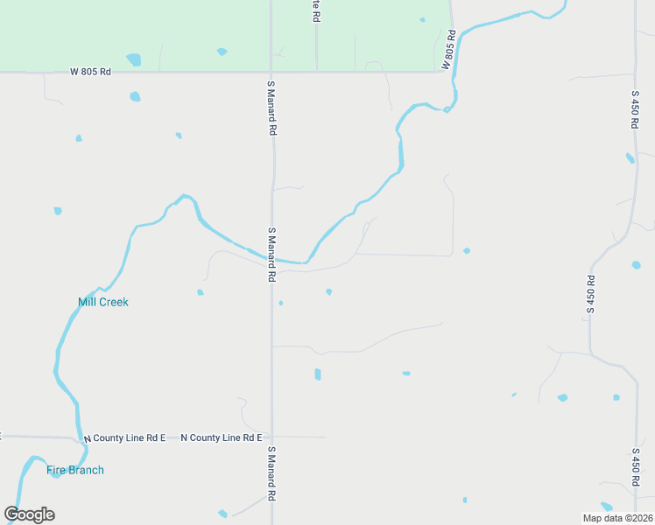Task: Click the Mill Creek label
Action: [103, 302]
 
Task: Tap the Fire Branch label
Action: [75, 470]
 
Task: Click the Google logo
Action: [29, 514]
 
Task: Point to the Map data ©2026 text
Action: [618, 518]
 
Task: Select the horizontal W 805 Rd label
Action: [91, 72]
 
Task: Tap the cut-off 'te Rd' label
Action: [316, 10]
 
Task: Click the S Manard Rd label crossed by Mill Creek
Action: [271, 254]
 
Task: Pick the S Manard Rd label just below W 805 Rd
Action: [271, 108]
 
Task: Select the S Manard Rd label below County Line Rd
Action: [271, 472]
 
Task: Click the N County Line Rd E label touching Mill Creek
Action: [124, 437]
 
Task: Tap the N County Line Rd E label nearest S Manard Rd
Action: [222, 437]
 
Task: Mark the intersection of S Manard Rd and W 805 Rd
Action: [271, 72]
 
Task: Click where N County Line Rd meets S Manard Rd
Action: [271, 437]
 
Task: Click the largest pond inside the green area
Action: [133, 59]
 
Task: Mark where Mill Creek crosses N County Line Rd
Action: [80, 437]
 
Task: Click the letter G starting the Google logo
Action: [12, 514]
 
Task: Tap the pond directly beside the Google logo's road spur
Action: [222, 513]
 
